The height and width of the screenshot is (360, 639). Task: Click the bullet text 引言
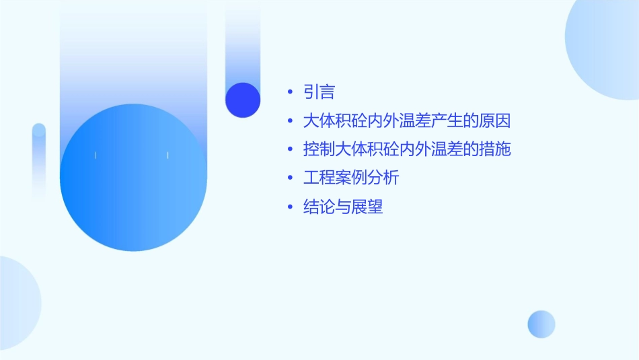pyautogui.click(x=319, y=92)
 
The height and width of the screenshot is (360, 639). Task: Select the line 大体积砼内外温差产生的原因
pyautogui.click(x=407, y=121)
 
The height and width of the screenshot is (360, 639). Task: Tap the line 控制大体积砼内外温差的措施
pyautogui.click(x=407, y=149)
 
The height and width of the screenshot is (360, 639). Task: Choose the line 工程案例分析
pyautogui.click(x=351, y=178)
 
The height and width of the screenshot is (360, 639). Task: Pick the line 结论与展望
pyautogui.click(x=343, y=207)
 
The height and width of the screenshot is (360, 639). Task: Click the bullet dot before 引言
pyautogui.click(x=289, y=92)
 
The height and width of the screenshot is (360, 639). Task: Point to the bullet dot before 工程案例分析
pyautogui.click(x=289, y=178)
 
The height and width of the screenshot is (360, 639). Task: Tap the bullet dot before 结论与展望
pyautogui.click(x=289, y=207)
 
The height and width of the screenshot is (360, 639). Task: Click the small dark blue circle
pyautogui.click(x=243, y=100)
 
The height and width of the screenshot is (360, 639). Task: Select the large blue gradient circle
pyautogui.click(x=133, y=178)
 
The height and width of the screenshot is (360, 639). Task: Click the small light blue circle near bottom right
pyautogui.click(x=541, y=324)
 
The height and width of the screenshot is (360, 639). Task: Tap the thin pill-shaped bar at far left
pyautogui.click(x=39, y=161)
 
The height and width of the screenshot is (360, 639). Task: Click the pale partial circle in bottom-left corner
pyautogui.click(x=17, y=303)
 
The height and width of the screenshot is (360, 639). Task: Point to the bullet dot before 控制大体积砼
pyautogui.click(x=289, y=149)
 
